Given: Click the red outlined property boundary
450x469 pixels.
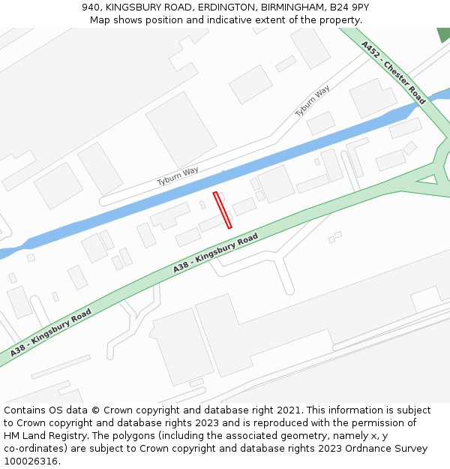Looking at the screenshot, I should (x=223, y=210).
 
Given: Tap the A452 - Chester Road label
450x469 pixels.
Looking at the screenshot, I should (x=393, y=73).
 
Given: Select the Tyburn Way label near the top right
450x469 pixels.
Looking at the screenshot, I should (x=312, y=101).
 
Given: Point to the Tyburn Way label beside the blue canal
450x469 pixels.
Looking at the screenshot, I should (x=178, y=176).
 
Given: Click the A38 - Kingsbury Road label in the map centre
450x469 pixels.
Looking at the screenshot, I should (x=215, y=253).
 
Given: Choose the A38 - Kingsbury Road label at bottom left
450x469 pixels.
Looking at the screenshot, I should (x=51, y=332).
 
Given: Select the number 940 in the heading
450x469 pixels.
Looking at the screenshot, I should (x=91, y=8).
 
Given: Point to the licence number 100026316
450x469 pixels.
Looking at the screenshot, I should (x=30, y=461).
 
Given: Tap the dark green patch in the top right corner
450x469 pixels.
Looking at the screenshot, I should (x=443, y=34).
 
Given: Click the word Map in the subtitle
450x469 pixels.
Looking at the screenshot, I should (x=101, y=20).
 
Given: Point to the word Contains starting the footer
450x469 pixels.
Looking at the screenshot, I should (x=25, y=410).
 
